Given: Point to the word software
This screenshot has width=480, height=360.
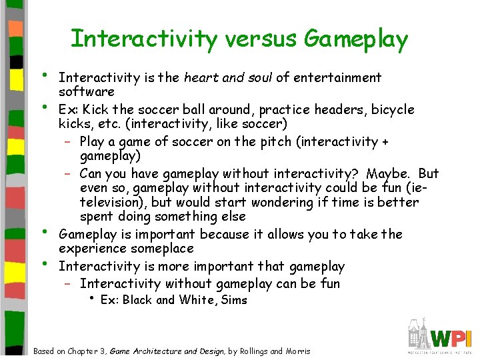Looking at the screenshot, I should point(87,91).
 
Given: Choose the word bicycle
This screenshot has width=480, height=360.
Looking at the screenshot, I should point(393,109).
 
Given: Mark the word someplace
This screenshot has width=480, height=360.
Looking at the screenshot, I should point(163,249).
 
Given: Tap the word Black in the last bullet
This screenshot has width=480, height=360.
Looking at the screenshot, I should point(137,300).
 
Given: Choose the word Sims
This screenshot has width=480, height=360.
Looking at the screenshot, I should point(234,300).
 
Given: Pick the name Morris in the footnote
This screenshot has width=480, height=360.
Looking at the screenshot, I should point(297,351).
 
